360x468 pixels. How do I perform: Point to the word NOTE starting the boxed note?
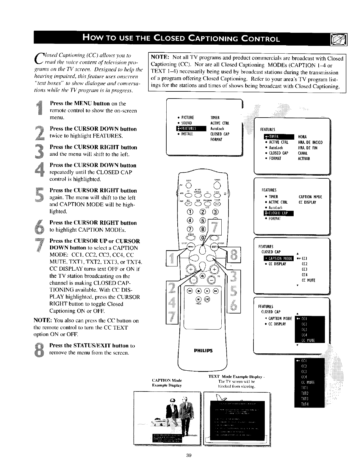click(160, 57)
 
